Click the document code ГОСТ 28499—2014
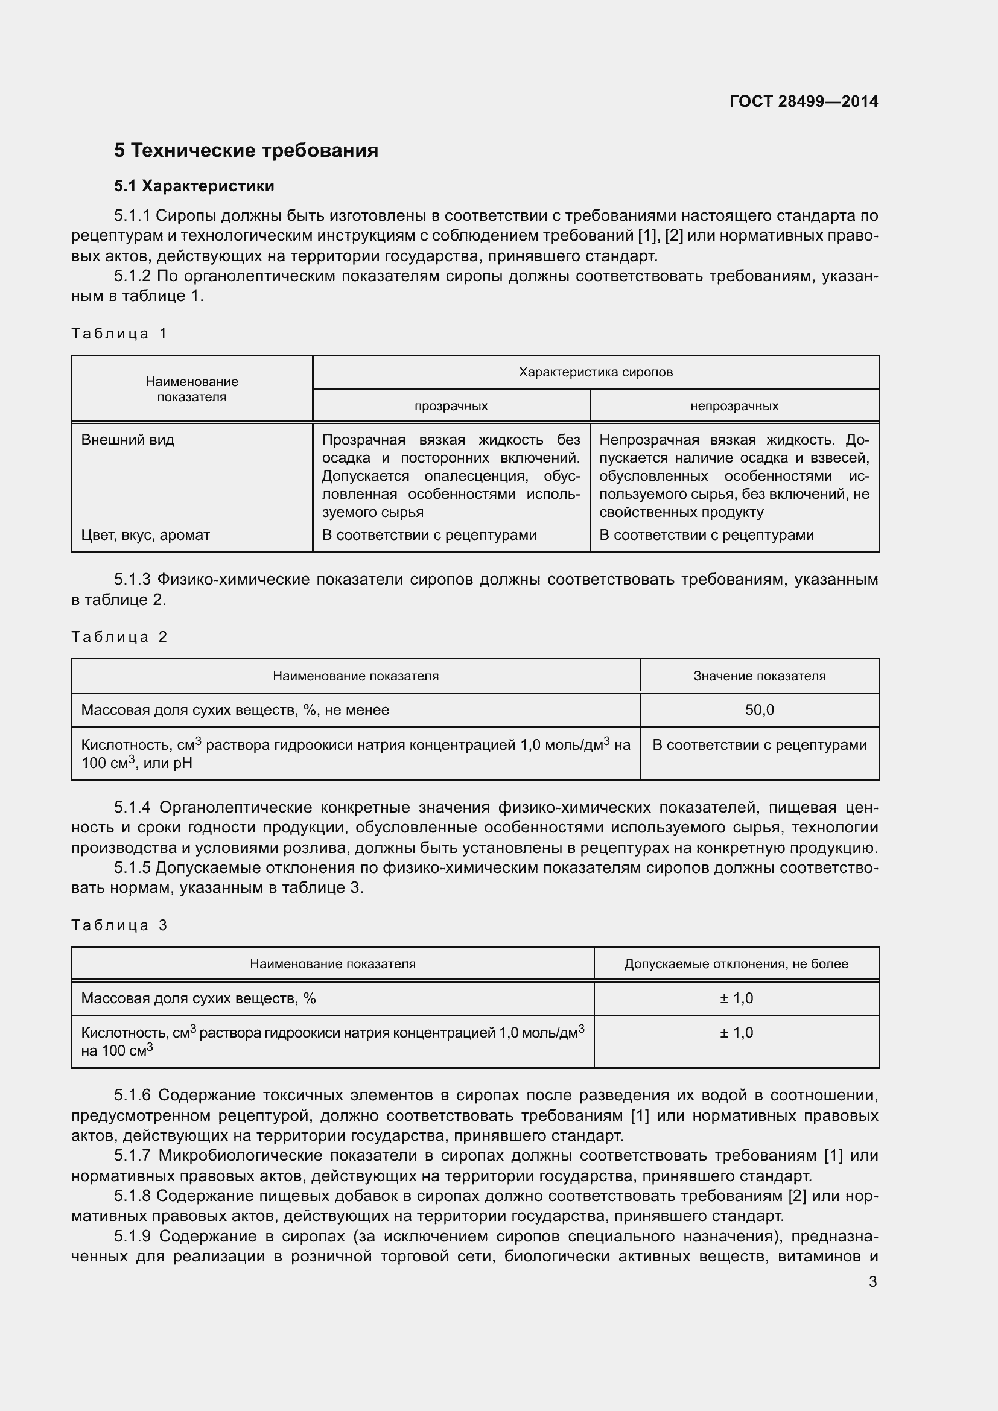[803, 101]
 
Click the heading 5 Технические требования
[246, 151]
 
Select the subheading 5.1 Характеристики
[194, 186]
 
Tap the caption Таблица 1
[119, 334]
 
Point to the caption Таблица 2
[119, 636]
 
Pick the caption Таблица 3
[119, 925]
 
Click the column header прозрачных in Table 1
[451, 406]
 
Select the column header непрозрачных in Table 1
[734, 406]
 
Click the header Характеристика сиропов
[595, 372]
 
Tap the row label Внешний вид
[128, 440]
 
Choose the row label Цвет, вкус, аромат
[145, 535]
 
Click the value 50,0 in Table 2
[759, 711]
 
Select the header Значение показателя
[759, 677]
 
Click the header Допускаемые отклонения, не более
[736, 964]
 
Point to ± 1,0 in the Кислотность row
[736, 1032]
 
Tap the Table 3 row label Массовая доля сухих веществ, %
[199, 998]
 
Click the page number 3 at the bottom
[872, 1282]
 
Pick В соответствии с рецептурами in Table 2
[759, 746]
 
